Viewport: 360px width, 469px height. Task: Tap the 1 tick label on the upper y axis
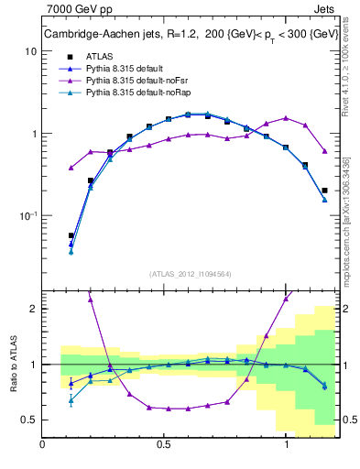(x=34, y=134)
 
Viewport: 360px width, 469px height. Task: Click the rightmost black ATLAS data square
(x=324, y=191)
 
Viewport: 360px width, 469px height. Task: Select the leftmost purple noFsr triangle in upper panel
(x=71, y=168)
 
